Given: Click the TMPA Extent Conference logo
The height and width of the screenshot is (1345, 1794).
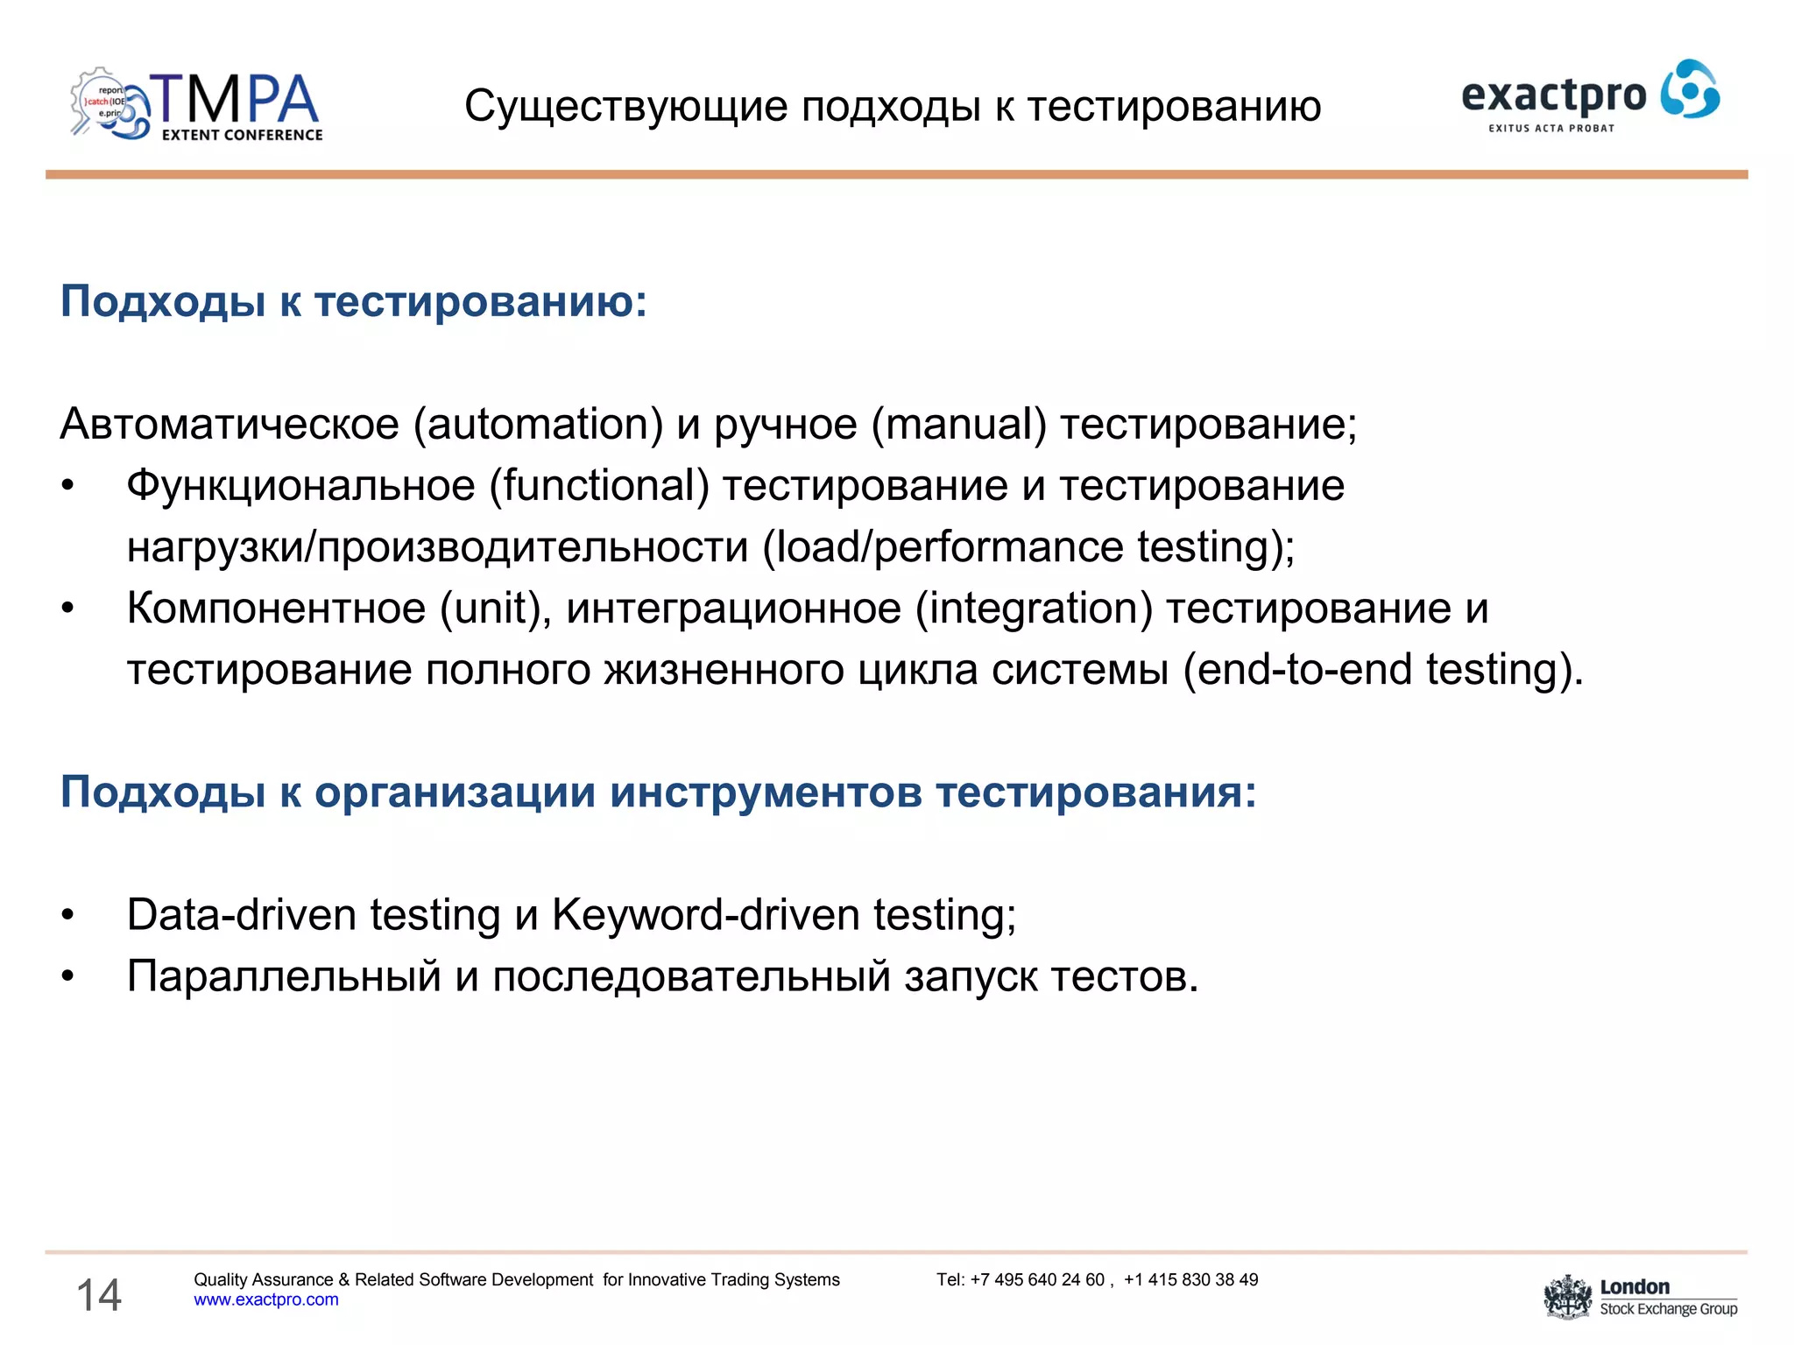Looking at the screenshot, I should click(197, 105).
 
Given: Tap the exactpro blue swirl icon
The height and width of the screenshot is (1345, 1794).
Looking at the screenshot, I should click(1690, 89).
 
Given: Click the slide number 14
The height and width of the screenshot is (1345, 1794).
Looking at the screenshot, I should click(99, 1295).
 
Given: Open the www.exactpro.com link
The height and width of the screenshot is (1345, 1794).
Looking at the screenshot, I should click(266, 1300).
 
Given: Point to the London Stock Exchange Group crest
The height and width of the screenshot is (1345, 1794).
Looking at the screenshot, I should click(1567, 1298).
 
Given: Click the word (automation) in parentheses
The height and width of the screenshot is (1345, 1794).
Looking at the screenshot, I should click(538, 425).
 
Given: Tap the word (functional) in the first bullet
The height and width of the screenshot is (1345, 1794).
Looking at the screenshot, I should click(599, 486).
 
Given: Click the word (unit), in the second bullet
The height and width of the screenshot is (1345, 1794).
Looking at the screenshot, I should click(496, 609).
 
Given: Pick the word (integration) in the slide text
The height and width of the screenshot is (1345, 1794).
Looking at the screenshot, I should click(1034, 609).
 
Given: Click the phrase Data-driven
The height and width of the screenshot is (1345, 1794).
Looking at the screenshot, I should click(241, 915).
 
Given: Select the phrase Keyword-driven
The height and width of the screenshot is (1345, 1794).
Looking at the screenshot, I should click(705, 915).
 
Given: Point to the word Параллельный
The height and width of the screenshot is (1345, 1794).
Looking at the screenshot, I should click(284, 976).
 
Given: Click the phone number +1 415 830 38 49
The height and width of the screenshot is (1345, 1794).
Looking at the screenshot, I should click(1191, 1280).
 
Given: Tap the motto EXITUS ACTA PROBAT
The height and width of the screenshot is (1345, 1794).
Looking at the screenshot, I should click(1551, 129).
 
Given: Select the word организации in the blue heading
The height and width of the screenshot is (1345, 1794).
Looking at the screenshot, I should click(455, 792).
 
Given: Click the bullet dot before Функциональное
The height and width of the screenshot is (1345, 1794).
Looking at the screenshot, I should click(68, 487).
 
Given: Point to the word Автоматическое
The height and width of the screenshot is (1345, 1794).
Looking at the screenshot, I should click(230, 425).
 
